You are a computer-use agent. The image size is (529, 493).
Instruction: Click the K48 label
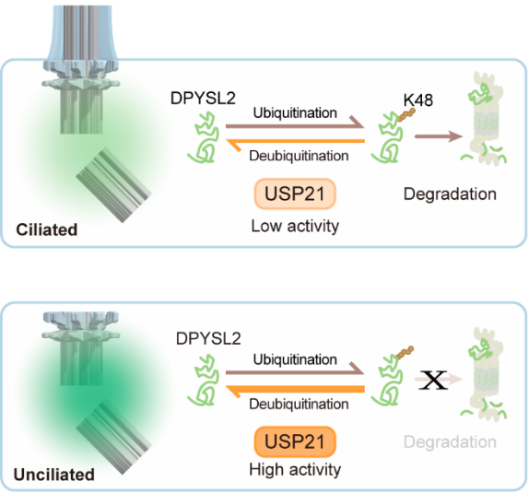pos(418,100)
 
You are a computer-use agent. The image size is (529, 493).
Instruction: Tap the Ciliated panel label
pos(47,229)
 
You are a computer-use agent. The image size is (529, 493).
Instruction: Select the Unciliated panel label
pos(54,475)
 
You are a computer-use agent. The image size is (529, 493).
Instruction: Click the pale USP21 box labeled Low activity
pos(295,194)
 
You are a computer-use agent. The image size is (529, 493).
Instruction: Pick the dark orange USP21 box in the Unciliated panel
pos(295,441)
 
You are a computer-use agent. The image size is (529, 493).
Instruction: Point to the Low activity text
pos(295,226)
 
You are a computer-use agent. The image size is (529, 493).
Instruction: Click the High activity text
pos(295,469)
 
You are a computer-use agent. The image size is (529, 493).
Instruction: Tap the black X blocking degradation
pos(433,380)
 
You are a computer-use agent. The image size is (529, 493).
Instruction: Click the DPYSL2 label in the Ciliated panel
pos(203,99)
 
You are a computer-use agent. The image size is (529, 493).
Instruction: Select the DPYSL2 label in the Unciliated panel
pos(208,338)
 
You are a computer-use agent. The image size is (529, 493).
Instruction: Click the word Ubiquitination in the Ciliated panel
pos(295,112)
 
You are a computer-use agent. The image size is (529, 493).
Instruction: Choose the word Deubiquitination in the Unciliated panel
pos(299,404)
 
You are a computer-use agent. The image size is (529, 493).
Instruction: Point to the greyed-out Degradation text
pos(450,441)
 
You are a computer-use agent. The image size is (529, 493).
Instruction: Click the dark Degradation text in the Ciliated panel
pos(450,194)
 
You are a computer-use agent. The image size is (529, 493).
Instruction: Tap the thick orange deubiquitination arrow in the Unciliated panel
pos(295,390)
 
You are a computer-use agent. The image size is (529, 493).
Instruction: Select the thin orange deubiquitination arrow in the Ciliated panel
pos(295,142)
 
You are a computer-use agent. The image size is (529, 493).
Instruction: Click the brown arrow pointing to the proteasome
pos(439,136)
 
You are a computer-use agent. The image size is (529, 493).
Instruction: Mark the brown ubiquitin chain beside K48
pos(406,115)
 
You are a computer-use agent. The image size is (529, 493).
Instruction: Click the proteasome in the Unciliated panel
pos(484,374)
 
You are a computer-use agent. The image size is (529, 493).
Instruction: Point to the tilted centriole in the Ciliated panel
pos(113,185)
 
